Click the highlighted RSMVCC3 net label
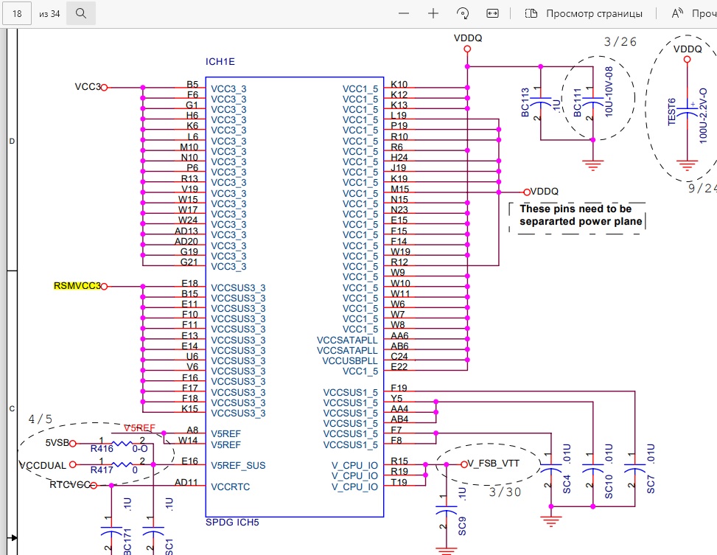pyautogui.click(x=77, y=286)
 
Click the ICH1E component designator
pyautogui.click(x=220, y=62)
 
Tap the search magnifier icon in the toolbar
pyautogui.click(x=81, y=13)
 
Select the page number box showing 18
pyautogui.click(x=17, y=14)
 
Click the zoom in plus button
pyautogui.click(x=433, y=14)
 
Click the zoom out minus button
pyautogui.click(x=404, y=14)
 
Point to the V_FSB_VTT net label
pyautogui.click(x=494, y=464)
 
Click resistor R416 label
pyautogui.click(x=102, y=449)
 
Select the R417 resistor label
pyautogui.click(x=102, y=470)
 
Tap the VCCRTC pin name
pyautogui.click(x=231, y=487)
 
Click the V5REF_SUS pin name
pyautogui.click(x=238, y=466)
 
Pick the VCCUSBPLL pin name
pyautogui.click(x=350, y=361)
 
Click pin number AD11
pyautogui.click(x=186, y=482)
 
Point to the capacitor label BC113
pyautogui.click(x=525, y=102)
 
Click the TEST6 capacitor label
pyautogui.click(x=672, y=111)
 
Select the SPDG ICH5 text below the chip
pyautogui.click(x=232, y=523)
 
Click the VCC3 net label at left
pyautogui.click(x=88, y=86)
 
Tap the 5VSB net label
pyautogui.click(x=57, y=443)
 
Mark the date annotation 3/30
pyautogui.click(x=505, y=492)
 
